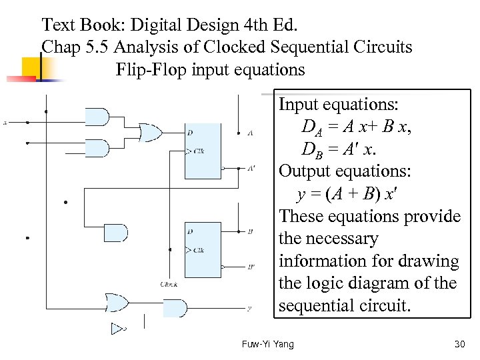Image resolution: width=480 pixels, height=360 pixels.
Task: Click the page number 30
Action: pos(459,344)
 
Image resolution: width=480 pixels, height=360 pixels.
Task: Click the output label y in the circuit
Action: pos(249,309)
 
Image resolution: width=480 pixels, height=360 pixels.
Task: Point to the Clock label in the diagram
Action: pos(169,285)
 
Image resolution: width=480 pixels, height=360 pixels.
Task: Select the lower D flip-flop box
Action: pos(203,249)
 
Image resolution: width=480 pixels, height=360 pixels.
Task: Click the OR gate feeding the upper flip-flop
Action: pos(149,133)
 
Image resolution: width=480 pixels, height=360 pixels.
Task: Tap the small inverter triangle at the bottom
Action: pos(118,328)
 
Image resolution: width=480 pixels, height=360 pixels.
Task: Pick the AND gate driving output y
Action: pos(175,308)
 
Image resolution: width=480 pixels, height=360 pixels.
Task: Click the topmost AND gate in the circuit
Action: pos(98,117)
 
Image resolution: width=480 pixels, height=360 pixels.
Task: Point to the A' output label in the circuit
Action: pos(251,169)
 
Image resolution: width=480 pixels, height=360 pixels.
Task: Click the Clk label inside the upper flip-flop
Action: pos(199,151)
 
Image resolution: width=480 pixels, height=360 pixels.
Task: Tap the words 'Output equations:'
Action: pos(345,171)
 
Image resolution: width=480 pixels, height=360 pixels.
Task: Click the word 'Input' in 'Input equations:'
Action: pos(297,105)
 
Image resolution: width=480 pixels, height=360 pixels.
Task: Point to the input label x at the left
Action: pos(5,123)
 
